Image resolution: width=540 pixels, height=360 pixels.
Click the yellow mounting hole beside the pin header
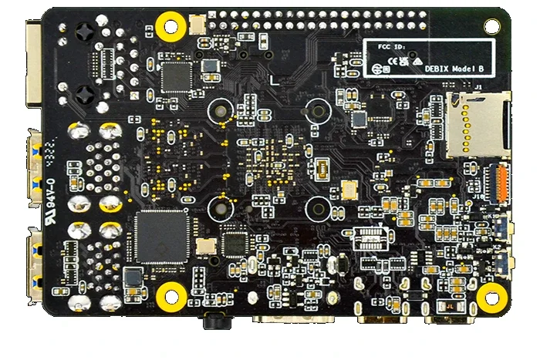[x=170, y=26]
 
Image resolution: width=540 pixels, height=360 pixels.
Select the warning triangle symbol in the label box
[x=416, y=60]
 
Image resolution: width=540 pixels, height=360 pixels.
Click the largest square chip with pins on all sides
[x=161, y=235]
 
